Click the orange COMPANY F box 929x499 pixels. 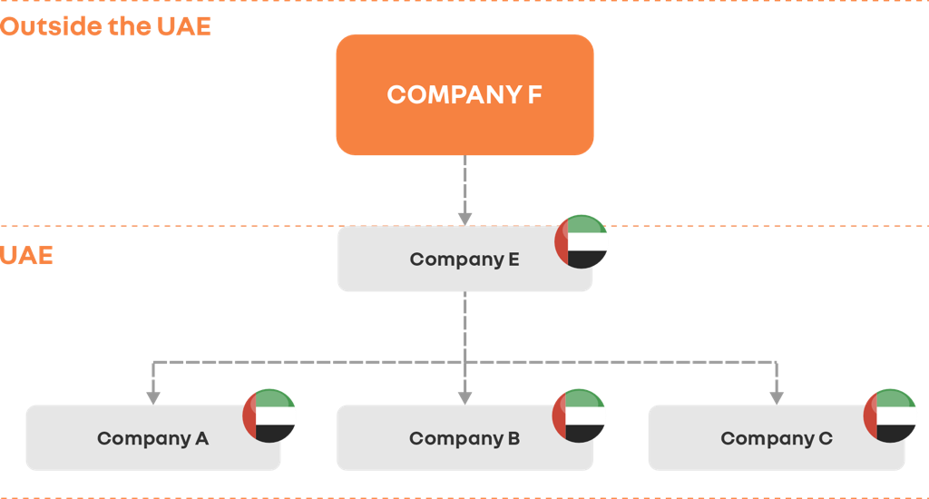[464, 94]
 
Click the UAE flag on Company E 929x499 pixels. [582, 241]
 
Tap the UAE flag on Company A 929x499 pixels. [269, 416]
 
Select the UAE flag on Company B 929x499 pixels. [580, 416]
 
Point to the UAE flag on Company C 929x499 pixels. [890, 416]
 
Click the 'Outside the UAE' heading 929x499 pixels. [105, 26]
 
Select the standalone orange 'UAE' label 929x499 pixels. [26, 256]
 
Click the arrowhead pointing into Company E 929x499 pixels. [464, 218]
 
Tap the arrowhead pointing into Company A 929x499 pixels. [153, 396]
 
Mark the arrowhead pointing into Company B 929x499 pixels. [464, 396]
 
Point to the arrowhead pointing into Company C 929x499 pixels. [776, 396]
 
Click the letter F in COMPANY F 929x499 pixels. [534, 95]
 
